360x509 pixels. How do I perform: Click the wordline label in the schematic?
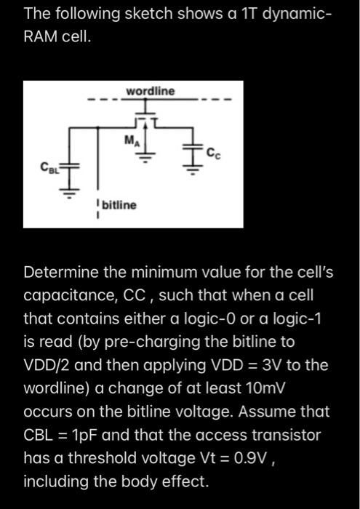(x=151, y=91)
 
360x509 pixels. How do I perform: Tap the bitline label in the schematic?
(x=119, y=206)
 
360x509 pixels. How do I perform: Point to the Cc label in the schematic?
(x=213, y=152)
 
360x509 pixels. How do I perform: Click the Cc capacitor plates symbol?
(x=194, y=151)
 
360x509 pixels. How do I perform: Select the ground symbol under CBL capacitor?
(x=70, y=193)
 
